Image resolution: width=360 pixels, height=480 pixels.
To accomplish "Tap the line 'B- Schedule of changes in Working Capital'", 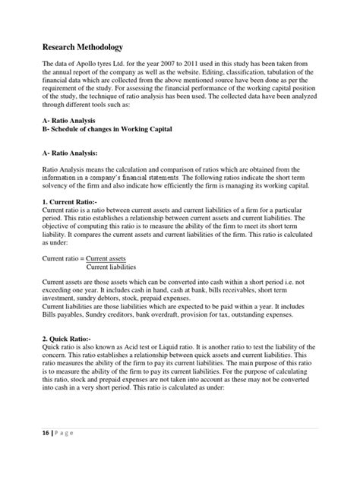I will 108,130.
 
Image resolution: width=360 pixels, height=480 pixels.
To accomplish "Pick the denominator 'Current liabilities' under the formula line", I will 111,267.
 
